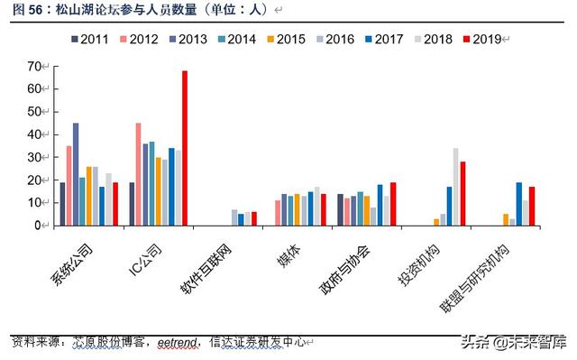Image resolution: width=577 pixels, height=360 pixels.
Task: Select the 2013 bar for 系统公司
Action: (76, 174)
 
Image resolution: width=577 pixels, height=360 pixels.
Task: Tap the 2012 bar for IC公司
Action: (138, 174)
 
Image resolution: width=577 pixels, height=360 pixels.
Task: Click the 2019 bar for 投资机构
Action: (463, 193)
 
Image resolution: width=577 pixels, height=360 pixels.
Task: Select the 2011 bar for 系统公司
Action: (61, 204)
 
